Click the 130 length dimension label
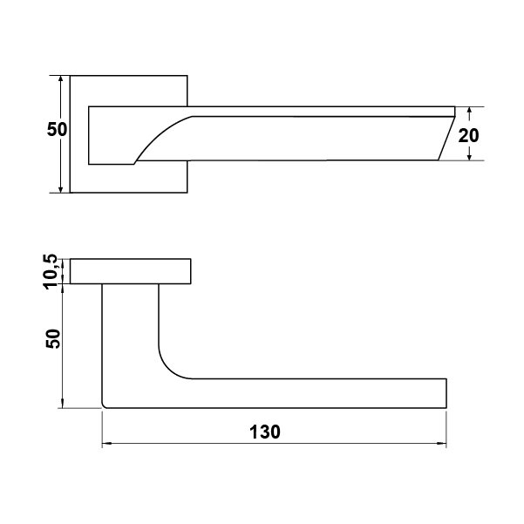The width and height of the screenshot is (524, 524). click(x=265, y=432)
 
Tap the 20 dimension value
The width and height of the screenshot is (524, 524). click(x=468, y=136)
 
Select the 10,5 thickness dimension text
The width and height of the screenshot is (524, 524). click(x=51, y=271)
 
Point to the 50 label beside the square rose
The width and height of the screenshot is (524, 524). click(x=57, y=129)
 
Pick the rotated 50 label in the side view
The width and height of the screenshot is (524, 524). click(x=53, y=339)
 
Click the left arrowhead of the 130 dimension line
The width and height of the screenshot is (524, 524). click(x=106, y=444)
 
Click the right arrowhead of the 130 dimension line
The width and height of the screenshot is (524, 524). click(x=442, y=444)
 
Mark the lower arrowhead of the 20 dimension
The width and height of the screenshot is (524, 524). click(x=470, y=156)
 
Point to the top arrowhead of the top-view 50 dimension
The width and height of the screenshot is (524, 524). click(x=60, y=80)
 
